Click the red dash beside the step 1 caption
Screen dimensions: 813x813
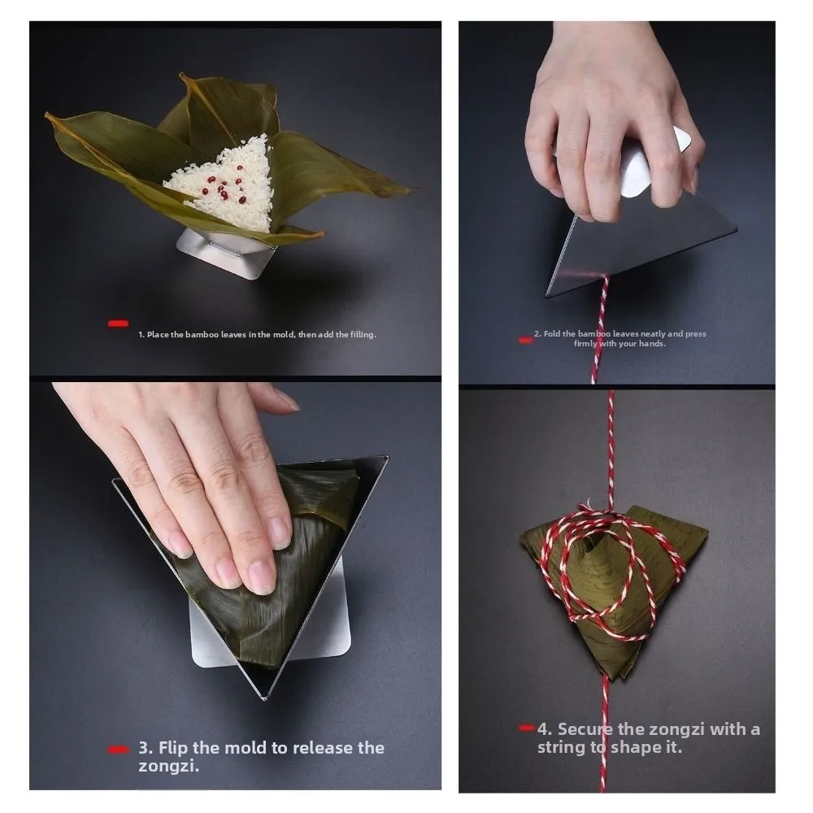[118, 324]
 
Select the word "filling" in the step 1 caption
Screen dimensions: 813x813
[363, 334]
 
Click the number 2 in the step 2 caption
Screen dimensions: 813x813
[537, 333]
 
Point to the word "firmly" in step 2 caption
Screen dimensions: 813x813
[585, 343]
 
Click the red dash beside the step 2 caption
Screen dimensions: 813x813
[525, 340]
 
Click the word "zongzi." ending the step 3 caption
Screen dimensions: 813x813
[169, 766]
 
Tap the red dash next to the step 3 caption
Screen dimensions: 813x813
[118, 750]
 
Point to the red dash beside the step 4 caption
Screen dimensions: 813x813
[526, 728]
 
